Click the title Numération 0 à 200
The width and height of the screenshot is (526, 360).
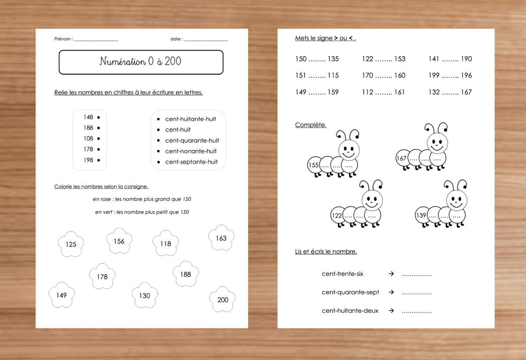pyautogui.click(x=140, y=62)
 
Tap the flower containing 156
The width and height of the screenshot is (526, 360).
pyautogui.click(x=119, y=241)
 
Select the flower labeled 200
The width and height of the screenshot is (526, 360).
pyautogui.click(x=223, y=299)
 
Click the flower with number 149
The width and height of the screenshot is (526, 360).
pyautogui.click(x=61, y=295)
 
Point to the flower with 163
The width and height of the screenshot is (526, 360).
pyautogui.click(x=221, y=238)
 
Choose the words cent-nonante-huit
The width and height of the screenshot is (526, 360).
pyautogui.click(x=191, y=151)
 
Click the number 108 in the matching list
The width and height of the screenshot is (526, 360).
pyautogui.click(x=88, y=139)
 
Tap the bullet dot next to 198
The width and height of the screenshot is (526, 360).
pyautogui.click(x=99, y=160)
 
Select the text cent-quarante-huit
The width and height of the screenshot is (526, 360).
pyautogui.click(x=192, y=140)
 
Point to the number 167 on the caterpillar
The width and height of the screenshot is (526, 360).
pyautogui.click(x=402, y=158)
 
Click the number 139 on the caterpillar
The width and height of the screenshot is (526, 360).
pyautogui.click(x=421, y=215)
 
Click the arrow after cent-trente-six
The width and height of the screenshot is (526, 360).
pyautogui.click(x=391, y=274)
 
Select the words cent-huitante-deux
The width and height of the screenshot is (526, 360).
pyautogui.click(x=350, y=311)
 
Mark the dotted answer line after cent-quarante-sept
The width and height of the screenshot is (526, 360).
pyautogui.click(x=416, y=293)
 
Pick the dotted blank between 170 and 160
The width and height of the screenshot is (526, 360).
pyautogui.click(x=384, y=76)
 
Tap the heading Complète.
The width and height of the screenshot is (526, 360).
pyautogui.click(x=310, y=125)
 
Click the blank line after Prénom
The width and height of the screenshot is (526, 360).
pyautogui.click(x=96, y=40)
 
